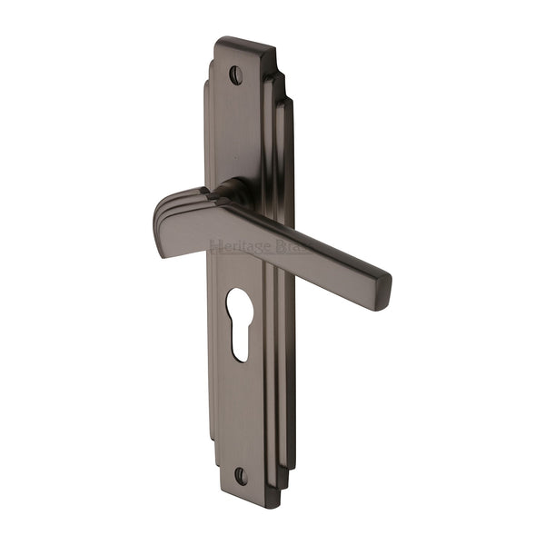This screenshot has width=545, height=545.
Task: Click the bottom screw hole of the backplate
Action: pos(241,475)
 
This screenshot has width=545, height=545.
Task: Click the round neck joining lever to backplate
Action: pos(234,191)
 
